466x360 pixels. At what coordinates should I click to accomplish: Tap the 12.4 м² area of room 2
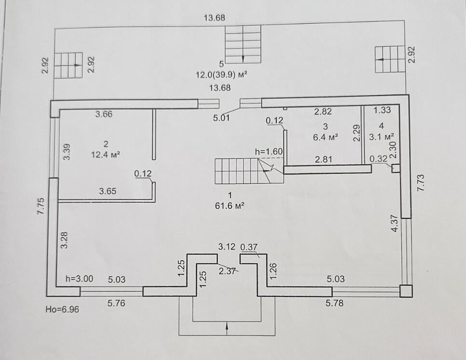tap(106, 155)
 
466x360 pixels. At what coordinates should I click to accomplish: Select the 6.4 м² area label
tap(325, 136)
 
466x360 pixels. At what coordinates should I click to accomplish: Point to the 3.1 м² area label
tap(382, 136)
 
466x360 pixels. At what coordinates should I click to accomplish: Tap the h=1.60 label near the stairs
tap(268, 151)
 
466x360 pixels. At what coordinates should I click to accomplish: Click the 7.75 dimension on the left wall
tap(40, 209)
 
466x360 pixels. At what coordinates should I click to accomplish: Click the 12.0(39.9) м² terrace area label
tap(224, 75)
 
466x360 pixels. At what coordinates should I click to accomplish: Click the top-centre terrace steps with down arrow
tap(243, 44)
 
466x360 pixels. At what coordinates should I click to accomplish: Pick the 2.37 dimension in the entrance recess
tap(227, 271)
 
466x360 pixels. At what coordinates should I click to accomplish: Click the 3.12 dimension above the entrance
tap(226, 246)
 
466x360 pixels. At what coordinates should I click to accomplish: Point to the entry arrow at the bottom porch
tap(226, 328)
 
